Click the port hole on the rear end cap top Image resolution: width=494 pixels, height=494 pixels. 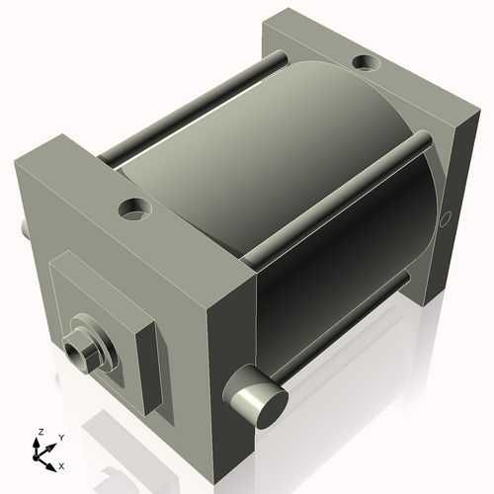pyautogui.click(x=369, y=65)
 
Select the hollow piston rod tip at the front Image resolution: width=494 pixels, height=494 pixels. pyautogui.click(x=75, y=350)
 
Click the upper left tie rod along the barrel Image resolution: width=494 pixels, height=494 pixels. pyautogui.click(x=188, y=103)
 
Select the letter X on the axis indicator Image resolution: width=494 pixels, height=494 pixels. pyautogui.click(x=61, y=464)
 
